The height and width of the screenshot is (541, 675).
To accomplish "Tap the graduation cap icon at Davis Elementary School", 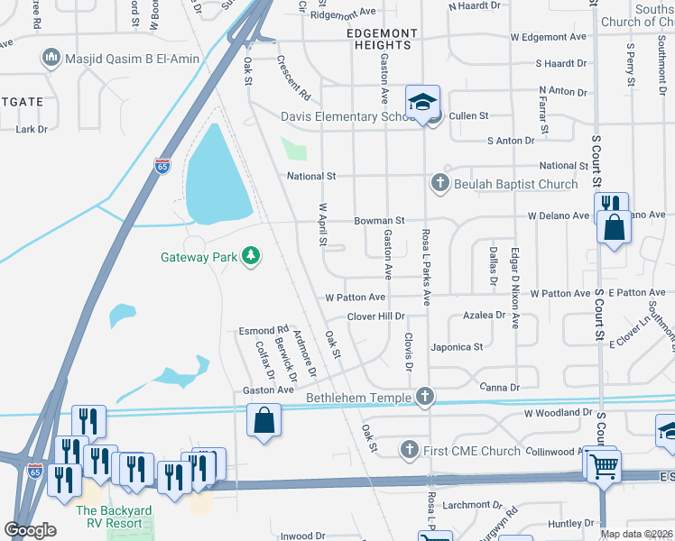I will pyautogui.click(x=421, y=104).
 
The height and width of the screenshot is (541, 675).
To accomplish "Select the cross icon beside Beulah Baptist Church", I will pyautogui.click(x=440, y=184).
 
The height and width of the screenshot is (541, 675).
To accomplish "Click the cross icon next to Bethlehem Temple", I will pyautogui.click(x=425, y=397).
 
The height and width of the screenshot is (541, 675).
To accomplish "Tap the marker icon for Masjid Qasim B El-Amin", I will pyautogui.click(x=51, y=60).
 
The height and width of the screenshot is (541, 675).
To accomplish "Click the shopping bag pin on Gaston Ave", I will pyautogui.click(x=263, y=419).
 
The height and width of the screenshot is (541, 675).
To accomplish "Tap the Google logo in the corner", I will pyautogui.click(x=31, y=530).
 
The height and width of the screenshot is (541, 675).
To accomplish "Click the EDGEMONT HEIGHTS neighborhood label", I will pyautogui.click(x=383, y=33).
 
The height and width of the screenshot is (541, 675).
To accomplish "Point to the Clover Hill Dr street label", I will pyautogui.click(x=376, y=316).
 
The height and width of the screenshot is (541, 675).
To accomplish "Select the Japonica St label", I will pyautogui.click(x=458, y=346).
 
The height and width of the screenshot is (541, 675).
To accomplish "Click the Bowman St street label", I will pyautogui.click(x=379, y=220).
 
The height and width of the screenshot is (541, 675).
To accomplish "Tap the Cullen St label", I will pyautogui.click(x=468, y=116).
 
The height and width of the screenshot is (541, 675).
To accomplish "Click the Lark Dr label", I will pyautogui.click(x=32, y=130).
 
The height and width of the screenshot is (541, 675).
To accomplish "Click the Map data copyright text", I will pyautogui.click(x=635, y=534).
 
